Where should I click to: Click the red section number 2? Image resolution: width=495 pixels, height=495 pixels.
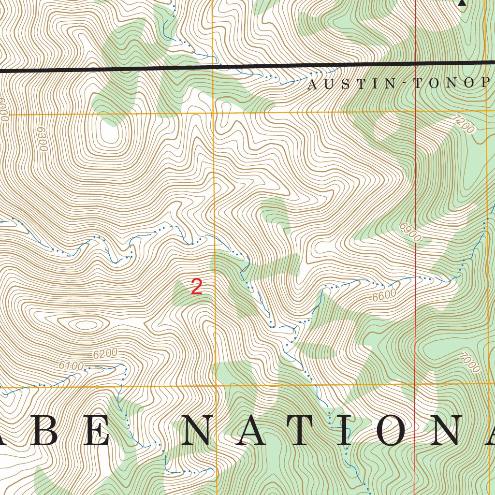pos(196,287)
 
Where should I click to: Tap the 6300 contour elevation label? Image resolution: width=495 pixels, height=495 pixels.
pos(41,139)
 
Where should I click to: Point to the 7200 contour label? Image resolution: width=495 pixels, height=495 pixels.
pos(464,123)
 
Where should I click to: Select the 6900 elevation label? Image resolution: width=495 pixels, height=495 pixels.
pos(410,232)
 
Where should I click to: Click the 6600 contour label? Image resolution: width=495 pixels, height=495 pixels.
pos(385,295)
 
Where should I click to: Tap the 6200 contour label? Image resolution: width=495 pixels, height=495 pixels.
pos(105,354)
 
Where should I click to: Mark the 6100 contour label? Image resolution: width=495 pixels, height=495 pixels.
pos(71,366)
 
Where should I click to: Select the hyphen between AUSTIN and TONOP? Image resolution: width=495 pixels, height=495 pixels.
pos(401,85)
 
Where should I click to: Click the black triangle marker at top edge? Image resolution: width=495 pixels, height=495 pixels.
pos(462,2)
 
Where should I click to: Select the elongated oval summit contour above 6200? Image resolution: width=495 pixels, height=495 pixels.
pos(85,324)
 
